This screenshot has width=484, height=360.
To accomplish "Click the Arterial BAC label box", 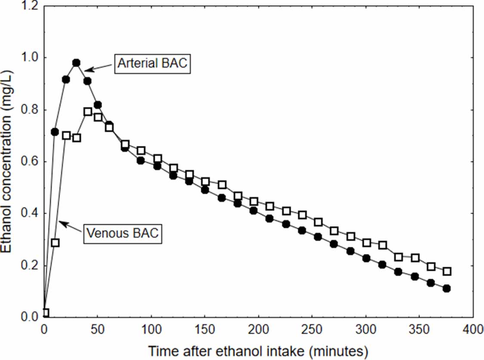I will (152, 64).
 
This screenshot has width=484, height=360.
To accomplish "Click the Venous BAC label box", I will (122, 234).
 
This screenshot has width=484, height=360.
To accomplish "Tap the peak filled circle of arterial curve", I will (76, 63).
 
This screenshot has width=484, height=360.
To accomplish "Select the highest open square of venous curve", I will (88, 112).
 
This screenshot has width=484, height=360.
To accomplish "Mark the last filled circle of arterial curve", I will (447, 289).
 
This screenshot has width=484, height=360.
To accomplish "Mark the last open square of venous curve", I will (447, 271).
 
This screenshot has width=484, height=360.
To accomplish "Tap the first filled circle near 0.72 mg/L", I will (55, 132).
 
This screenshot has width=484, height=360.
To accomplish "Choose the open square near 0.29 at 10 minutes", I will (55, 243).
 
